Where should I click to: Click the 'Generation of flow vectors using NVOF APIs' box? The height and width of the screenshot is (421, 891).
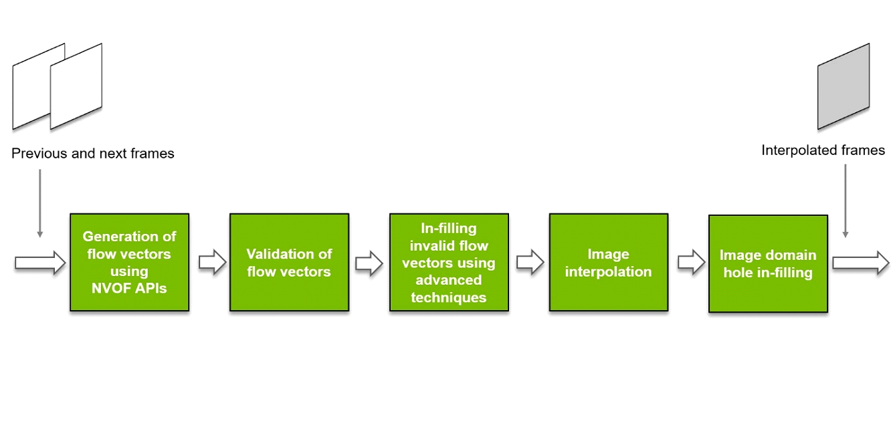(129, 262)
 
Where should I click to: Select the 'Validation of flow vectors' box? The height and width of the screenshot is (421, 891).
(289, 262)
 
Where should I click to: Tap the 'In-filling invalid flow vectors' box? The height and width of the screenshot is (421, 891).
(449, 262)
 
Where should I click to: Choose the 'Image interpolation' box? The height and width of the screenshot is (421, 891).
(608, 262)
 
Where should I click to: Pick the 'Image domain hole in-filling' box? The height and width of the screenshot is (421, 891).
(768, 263)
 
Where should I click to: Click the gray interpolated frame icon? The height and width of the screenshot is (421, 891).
(844, 86)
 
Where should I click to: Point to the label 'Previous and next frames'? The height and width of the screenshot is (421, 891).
(93, 154)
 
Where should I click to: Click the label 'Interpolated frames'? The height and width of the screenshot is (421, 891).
(823, 150)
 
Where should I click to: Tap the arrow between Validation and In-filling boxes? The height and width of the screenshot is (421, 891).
(369, 263)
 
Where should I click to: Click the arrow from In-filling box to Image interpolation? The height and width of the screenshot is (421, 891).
(530, 263)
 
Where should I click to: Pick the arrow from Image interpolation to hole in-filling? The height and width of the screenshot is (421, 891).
(690, 263)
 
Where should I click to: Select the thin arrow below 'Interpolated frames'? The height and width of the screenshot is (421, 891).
(846, 200)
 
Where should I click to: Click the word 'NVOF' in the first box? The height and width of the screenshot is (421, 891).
(111, 289)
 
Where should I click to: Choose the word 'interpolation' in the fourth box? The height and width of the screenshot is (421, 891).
(608, 271)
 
